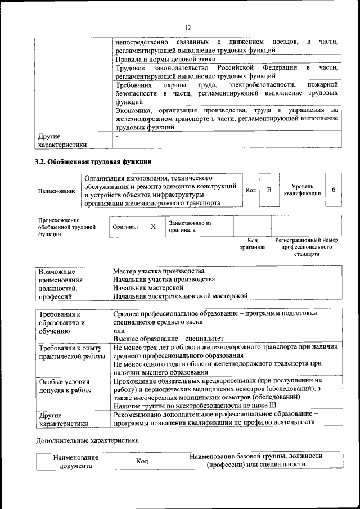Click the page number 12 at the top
point(188,28)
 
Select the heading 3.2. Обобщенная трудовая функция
point(93,163)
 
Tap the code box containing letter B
point(269,190)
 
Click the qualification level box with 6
point(333,190)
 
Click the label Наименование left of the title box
point(57,191)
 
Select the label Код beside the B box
point(251,190)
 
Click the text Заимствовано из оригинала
point(190,226)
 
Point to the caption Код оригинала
point(252,244)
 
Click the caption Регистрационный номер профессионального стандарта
point(307,247)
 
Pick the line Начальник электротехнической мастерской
point(180,295)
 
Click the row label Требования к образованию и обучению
point(61,323)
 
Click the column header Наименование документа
point(76,461)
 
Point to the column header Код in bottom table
point(142,461)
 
